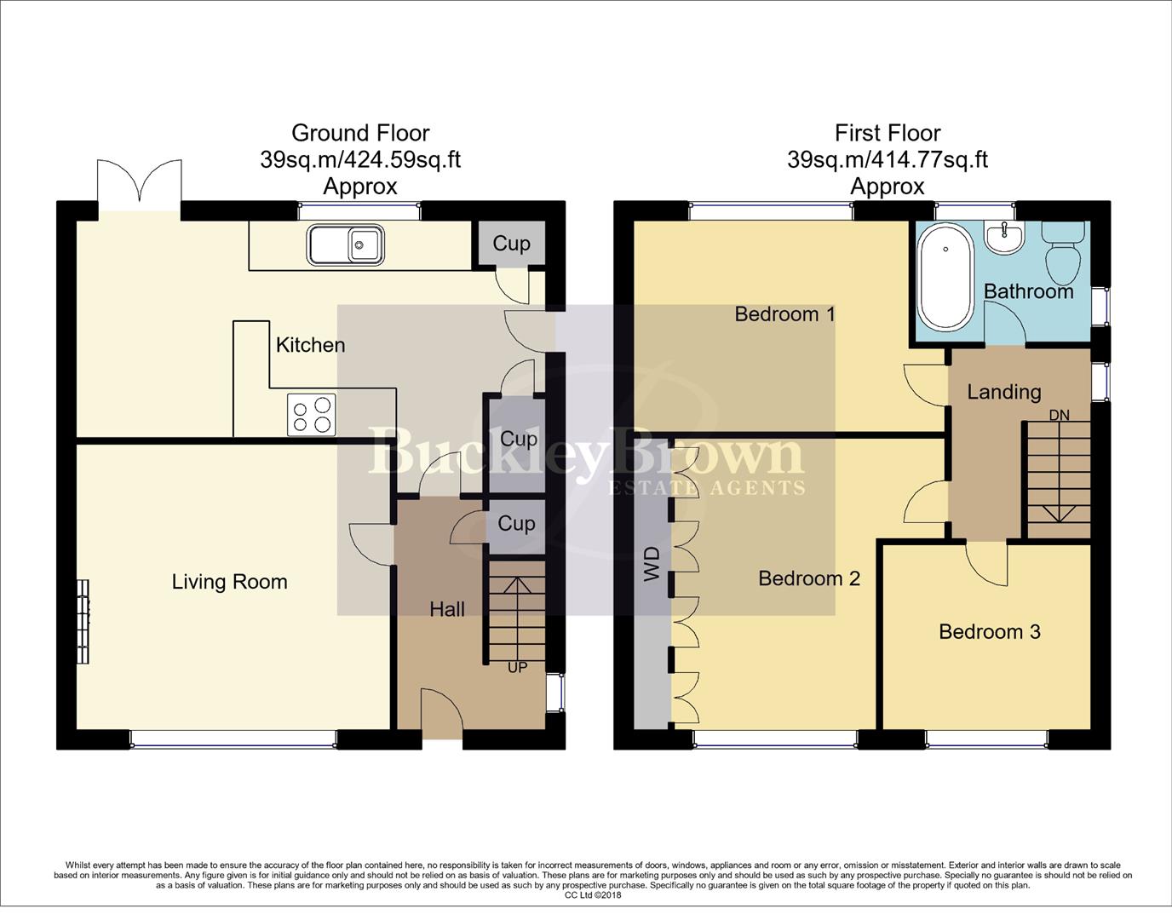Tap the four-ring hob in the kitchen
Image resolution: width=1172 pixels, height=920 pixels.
pos(311,415)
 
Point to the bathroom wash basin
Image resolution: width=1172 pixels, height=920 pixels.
pos(1006,237)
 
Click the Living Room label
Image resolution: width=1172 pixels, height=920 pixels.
pos(229,582)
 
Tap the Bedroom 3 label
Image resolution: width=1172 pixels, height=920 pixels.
pos(989,631)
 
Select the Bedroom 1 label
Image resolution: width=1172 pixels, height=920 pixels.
pos(784,313)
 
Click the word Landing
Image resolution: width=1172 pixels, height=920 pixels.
pos(1003,392)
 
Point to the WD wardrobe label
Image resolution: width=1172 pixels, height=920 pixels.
pos(652,564)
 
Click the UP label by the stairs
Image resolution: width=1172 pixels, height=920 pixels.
pos(517,668)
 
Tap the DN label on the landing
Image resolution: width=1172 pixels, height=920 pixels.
pos(1059,415)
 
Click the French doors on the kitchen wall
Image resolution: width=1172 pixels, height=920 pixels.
pos(139,183)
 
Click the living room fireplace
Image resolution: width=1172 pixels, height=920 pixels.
pos(83,621)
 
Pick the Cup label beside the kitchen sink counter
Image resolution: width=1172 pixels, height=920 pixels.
pos(511,244)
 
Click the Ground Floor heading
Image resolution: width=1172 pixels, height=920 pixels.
pos(360,133)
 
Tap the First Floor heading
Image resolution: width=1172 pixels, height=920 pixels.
pos(887,133)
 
